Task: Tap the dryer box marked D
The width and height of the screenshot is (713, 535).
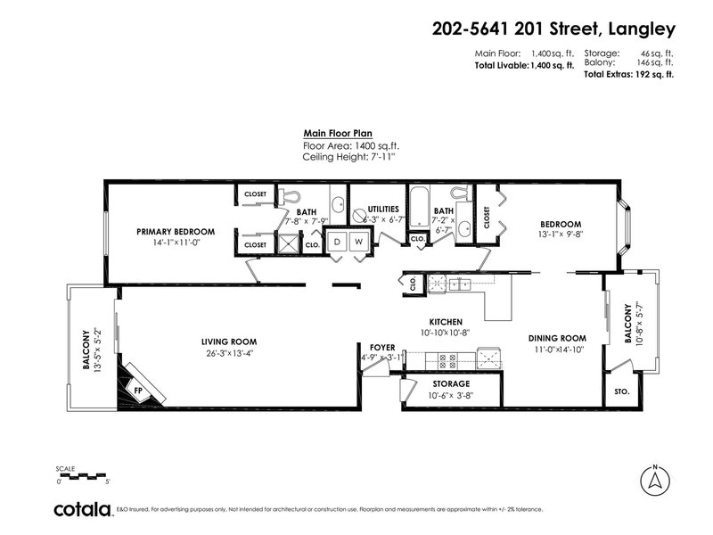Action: pyautogui.click(x=337, y=242)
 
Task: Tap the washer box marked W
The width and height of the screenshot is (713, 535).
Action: pyautogui.click(x=358, y=242)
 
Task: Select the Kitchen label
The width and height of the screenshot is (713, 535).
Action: pyautogui.click(x=445, y=321)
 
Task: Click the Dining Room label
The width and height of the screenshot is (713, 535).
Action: pyautogui.click(x=556, y=338)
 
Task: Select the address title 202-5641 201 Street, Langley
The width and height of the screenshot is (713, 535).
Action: pyautogui.click(x=553, y=29)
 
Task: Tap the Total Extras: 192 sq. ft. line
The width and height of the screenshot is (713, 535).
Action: pyautogui.click(x=628, y=75)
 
